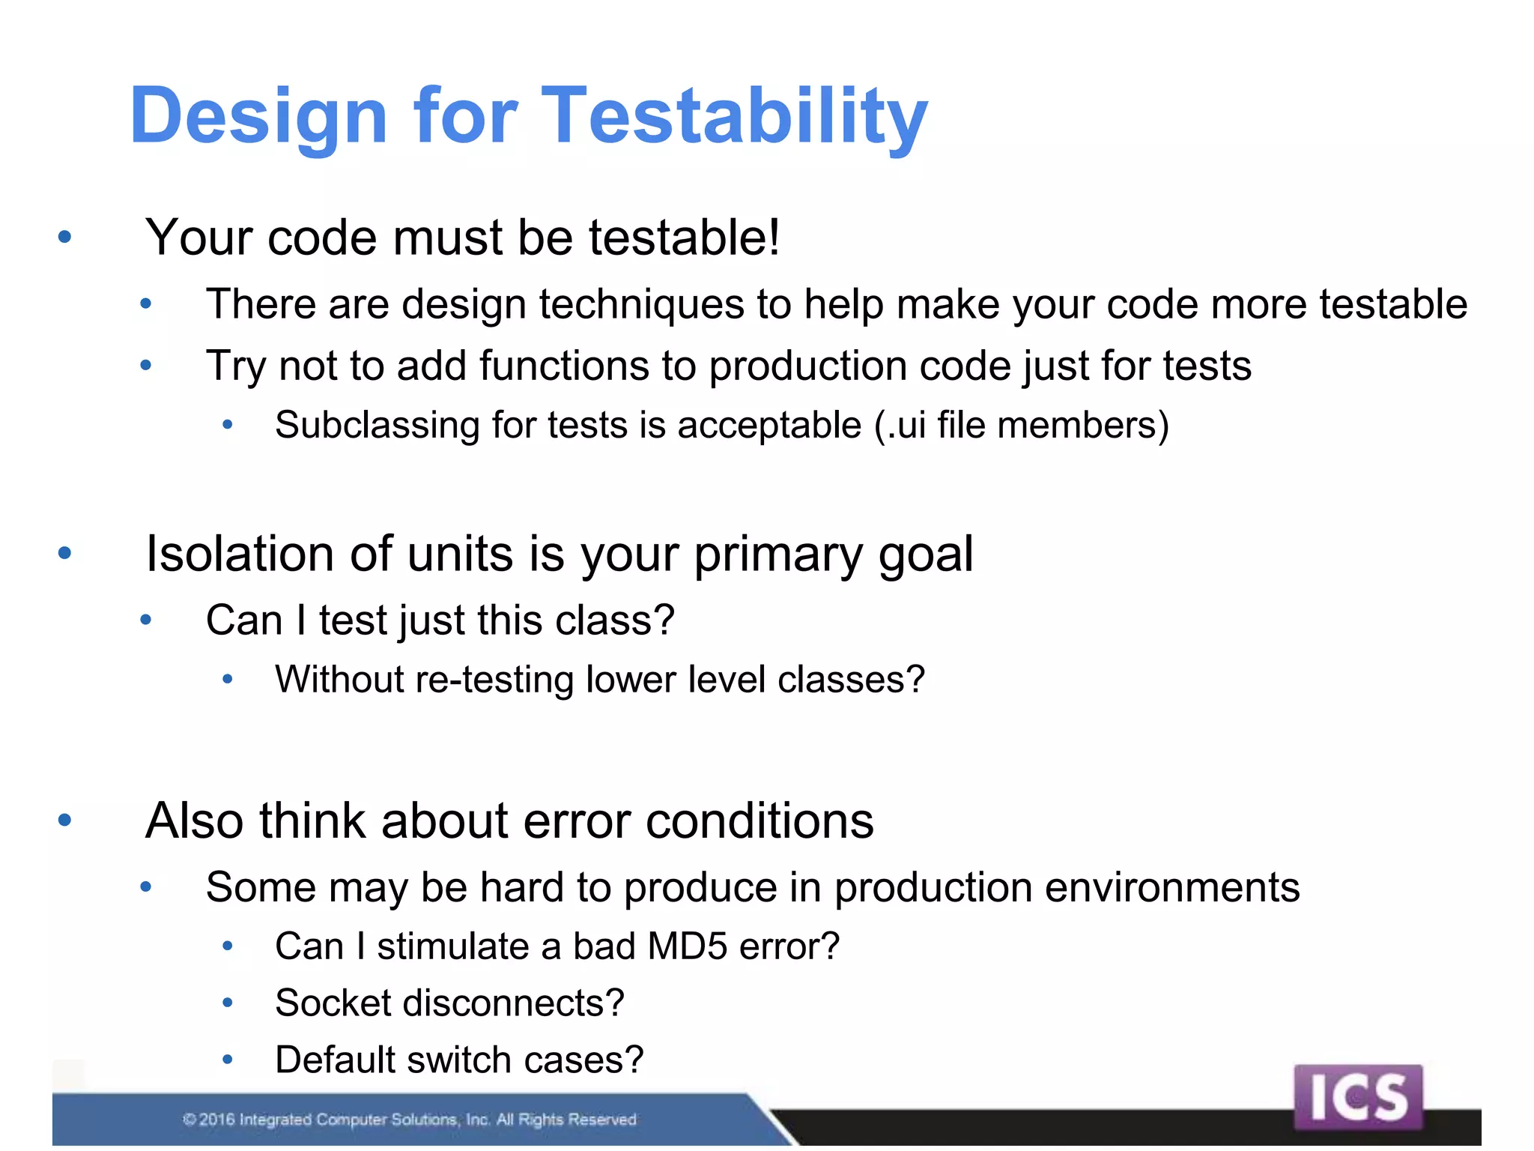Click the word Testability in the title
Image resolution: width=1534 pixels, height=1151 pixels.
[734, 116]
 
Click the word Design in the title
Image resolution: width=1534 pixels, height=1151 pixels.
[258, 116]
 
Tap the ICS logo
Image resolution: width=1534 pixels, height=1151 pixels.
[1357, 1097]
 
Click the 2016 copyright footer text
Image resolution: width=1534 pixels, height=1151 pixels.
[410, 1120]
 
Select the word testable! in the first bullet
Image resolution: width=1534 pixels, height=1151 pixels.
[684, 238]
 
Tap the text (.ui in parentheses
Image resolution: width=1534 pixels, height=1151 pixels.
[900, 425]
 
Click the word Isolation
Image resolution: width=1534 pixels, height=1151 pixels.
[240, 555]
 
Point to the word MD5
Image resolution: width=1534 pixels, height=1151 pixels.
[687, 946]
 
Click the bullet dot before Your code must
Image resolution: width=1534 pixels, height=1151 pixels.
[64, 238]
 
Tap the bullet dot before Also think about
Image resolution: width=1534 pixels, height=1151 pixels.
[64, 821]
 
